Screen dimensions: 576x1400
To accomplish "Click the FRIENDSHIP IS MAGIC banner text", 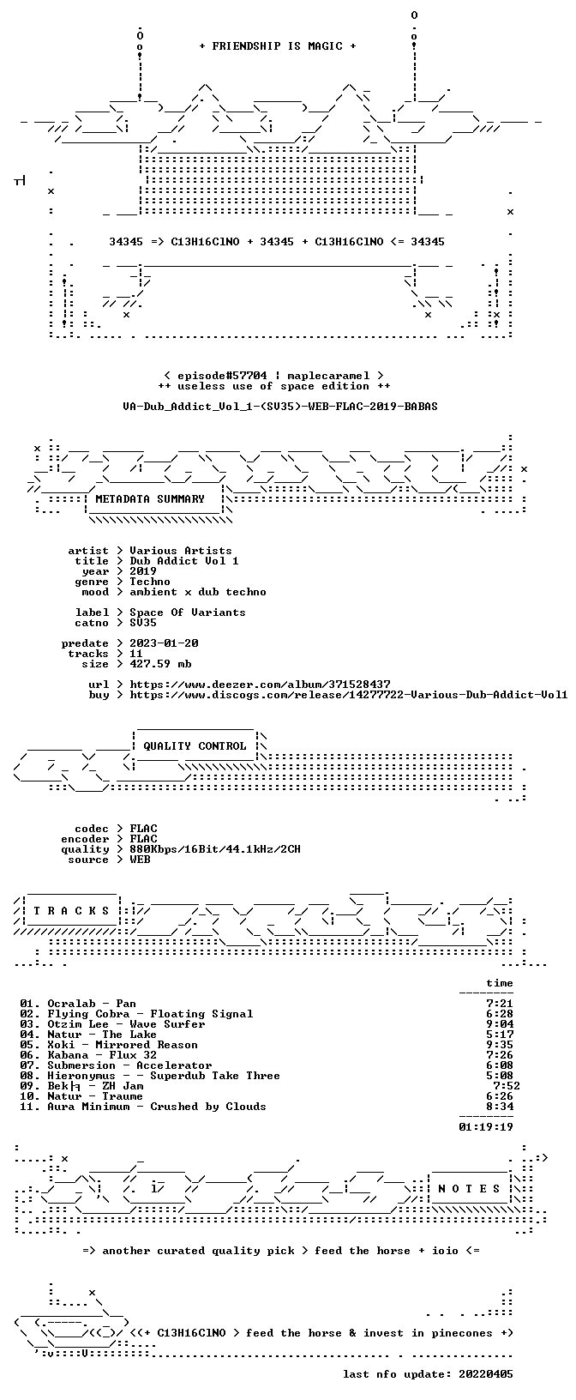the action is point(278,46).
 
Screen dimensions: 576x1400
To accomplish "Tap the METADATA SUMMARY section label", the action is point(150,499).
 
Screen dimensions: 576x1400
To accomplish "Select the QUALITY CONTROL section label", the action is point(195,746).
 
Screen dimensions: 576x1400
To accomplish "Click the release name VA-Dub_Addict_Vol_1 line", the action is point(280,407).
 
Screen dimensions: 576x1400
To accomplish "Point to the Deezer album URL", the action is point(260,685).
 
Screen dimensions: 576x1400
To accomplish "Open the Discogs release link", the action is point(349,694).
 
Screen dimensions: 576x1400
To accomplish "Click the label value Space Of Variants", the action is point(188,612).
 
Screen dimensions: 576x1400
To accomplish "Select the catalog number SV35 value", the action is point(143,623).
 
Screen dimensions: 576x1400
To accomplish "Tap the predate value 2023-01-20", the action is point(164,643).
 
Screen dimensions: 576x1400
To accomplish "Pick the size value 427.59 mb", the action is point(160,664).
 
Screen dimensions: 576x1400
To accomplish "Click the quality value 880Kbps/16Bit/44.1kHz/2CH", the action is point(215,849).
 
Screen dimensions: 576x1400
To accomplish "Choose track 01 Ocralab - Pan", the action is point(78,1004).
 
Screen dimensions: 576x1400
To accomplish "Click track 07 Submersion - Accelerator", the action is point(116,1065).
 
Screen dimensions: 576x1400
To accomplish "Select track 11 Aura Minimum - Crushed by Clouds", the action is point(143,1107).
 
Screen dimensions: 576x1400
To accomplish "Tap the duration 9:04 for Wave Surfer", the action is point(500,1024).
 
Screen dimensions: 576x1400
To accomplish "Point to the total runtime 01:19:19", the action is point(486,1127).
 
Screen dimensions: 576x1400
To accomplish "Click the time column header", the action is point(500,983).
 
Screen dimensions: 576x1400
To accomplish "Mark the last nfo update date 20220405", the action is point(486,1374).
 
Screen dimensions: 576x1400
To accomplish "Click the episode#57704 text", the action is point(222,376).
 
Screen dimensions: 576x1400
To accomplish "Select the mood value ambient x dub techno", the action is point(198,592).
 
